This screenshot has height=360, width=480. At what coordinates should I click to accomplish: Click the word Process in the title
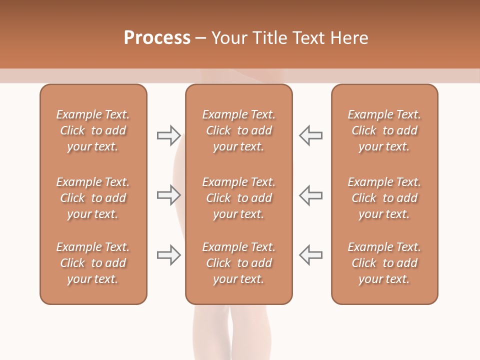coord(157,37)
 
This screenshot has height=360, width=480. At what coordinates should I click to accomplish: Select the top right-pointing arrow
coord(168,135)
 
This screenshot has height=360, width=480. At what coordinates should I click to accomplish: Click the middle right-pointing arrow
coord(168,195)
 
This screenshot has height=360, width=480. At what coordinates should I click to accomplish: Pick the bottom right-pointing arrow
coord(168,255)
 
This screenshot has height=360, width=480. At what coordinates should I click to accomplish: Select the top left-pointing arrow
coord(311,135)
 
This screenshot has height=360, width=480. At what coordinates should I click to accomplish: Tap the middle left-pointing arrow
coord(311,195)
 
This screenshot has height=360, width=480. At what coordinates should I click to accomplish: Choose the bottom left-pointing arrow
coord(311,255)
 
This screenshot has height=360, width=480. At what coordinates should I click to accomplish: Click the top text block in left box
coord(93,130)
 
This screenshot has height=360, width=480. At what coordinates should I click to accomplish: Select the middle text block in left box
coord(93,198)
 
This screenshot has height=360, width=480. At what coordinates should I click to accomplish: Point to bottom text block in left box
coord(93,263)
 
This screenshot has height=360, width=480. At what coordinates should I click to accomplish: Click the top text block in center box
coord(238,130)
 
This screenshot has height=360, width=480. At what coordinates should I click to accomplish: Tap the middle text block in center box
coord(238,198)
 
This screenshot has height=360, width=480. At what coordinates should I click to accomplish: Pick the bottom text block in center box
coord(238,263)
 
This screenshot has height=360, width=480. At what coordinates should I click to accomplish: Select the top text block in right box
coord(384,130)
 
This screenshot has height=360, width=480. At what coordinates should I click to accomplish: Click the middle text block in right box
coord(384,198)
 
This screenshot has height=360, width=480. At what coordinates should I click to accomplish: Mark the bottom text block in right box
coord(384,263)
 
